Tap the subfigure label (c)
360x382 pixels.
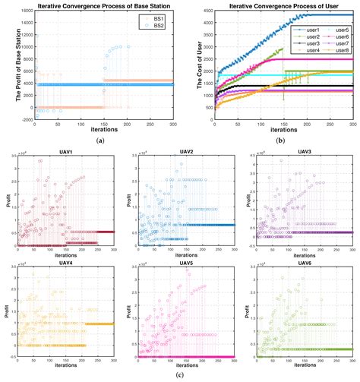[x=180, y=375]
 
